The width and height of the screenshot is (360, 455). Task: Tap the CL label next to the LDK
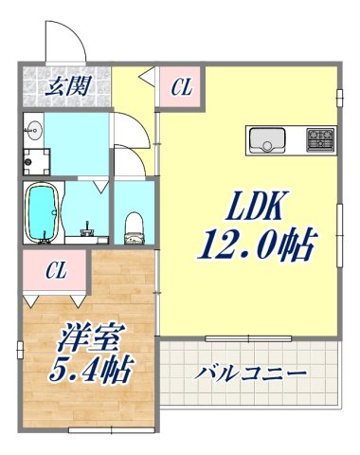[182, 88]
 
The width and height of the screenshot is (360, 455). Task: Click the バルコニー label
[251, 373]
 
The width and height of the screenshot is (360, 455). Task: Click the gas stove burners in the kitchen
[318, 142]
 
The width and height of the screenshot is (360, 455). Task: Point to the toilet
[135, 225]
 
